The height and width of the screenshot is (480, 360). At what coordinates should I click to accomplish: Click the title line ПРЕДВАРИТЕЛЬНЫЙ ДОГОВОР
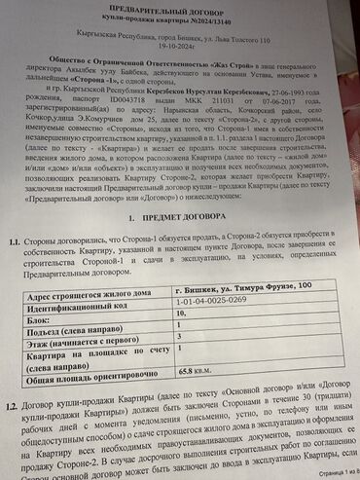[x=182, y=8]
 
